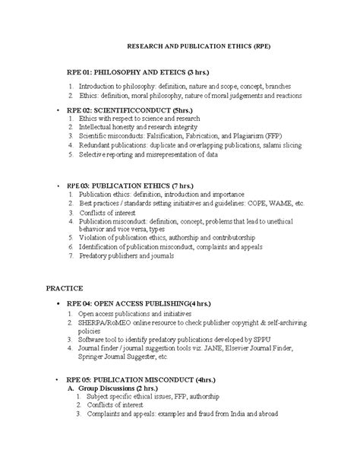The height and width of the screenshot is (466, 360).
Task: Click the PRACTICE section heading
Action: (65, 289)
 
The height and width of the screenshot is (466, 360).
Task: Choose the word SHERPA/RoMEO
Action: (102, 322)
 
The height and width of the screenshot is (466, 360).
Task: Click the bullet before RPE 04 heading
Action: (58, 303)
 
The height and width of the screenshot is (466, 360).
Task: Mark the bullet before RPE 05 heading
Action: (58, 378)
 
